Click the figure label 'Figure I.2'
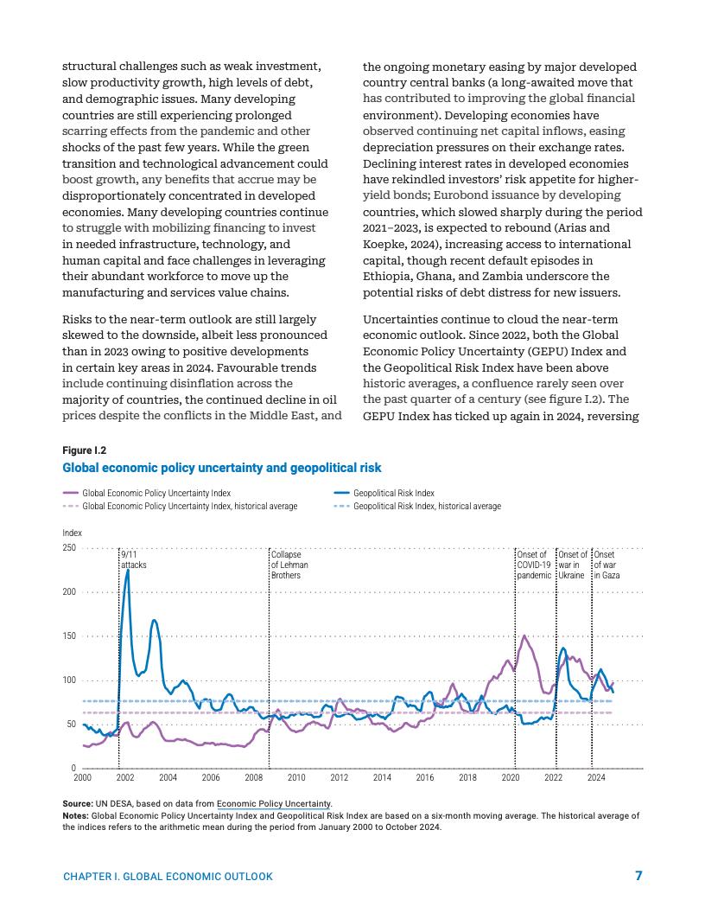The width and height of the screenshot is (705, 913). [85, 450]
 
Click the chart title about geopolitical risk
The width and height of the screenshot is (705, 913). [221, 468]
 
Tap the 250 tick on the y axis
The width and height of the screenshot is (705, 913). [69, 548]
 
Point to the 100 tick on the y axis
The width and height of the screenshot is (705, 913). [69, 680]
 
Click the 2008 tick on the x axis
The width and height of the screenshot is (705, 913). [253, 778]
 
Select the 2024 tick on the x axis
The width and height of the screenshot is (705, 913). [595, 778]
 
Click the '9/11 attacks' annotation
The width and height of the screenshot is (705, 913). [134, 559]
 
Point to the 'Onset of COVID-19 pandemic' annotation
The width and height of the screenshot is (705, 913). [533, 565]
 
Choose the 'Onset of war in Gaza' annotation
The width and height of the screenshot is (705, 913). [607, 565]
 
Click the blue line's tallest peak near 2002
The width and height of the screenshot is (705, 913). [128, 570]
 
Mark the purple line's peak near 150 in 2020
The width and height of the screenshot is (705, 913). [524, 635]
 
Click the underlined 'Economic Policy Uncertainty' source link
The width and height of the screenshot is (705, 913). [274, 804]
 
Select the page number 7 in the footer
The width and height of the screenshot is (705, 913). [638, 876]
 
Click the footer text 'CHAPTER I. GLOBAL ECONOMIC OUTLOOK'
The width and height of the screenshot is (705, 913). [168, 877]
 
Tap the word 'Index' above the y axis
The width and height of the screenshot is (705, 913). [73, 533]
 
